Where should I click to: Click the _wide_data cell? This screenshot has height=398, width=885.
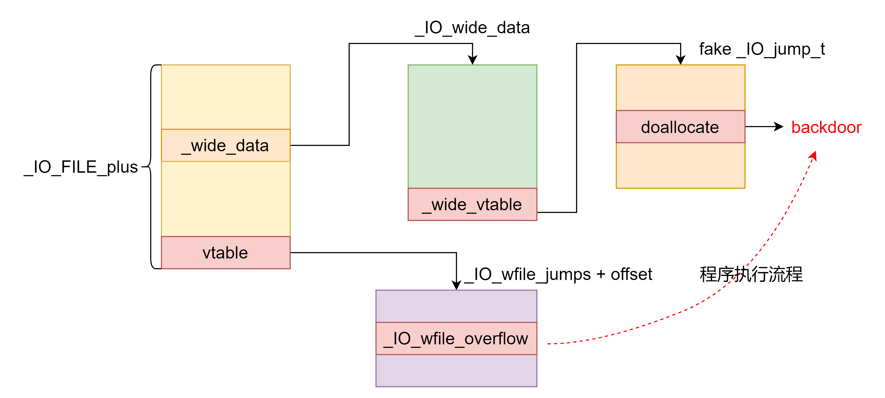pyautogui.click(x=226, y=145)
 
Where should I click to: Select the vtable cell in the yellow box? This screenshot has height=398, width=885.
pyautogui.click(x=226, y=253)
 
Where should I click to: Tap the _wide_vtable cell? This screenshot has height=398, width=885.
pyautogui.click(x=472, y=205)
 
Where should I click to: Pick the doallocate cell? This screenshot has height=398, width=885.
pyautogui.click(x=680, y=127)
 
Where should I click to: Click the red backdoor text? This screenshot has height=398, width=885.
pyautogui.click(x=826, y=127)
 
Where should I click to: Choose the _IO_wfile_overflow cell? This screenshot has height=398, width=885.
pyautogui.click(x=456, y=338)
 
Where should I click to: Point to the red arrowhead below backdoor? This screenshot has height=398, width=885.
pyautogui.click(x=814, y=156)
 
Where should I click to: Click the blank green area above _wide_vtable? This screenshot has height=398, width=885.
pyautogui.click(x=472, y=126)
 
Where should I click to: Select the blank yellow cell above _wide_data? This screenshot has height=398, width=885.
pyautogui.click(x=226, y=97)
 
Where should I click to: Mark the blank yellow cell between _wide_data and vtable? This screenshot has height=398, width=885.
pyautogui.click(x=226, y=199)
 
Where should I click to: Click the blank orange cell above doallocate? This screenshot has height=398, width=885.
pyautogui.click(x=680, y=88)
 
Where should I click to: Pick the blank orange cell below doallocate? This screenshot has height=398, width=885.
pyautogui.click(x=680, y=165)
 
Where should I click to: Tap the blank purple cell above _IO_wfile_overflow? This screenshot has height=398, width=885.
pyautogui.click(x=456, y=306)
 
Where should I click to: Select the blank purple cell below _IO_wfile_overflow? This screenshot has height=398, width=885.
pyautogui.click(x=456, y=370)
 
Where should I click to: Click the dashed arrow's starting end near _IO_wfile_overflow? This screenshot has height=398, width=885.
pyautogui.click(x=549, y=343)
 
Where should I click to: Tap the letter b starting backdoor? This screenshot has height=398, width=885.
pyautogui.click(x=796, y=127)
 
